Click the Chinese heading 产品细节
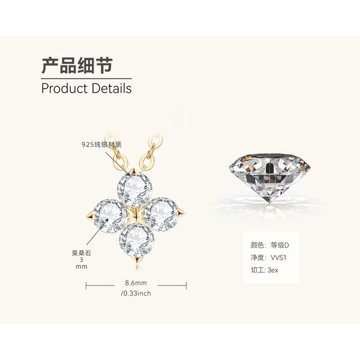(77, 65)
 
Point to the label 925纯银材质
(101, 145)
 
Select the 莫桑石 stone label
(81, 253)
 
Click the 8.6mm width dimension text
(136, 283)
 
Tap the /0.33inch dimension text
(136, 293)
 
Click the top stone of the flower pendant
(134, 190)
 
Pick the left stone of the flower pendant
(110, 216)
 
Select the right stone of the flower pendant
(161, 214)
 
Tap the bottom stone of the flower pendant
(136, 240)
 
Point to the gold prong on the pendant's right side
(181, 212)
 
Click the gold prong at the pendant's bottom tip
(138, 260)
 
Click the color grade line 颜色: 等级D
(270, 245)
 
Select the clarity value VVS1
(278, 257)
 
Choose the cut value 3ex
(273, 270)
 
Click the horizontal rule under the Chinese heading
(86, 79)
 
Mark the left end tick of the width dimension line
(86, 286)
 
